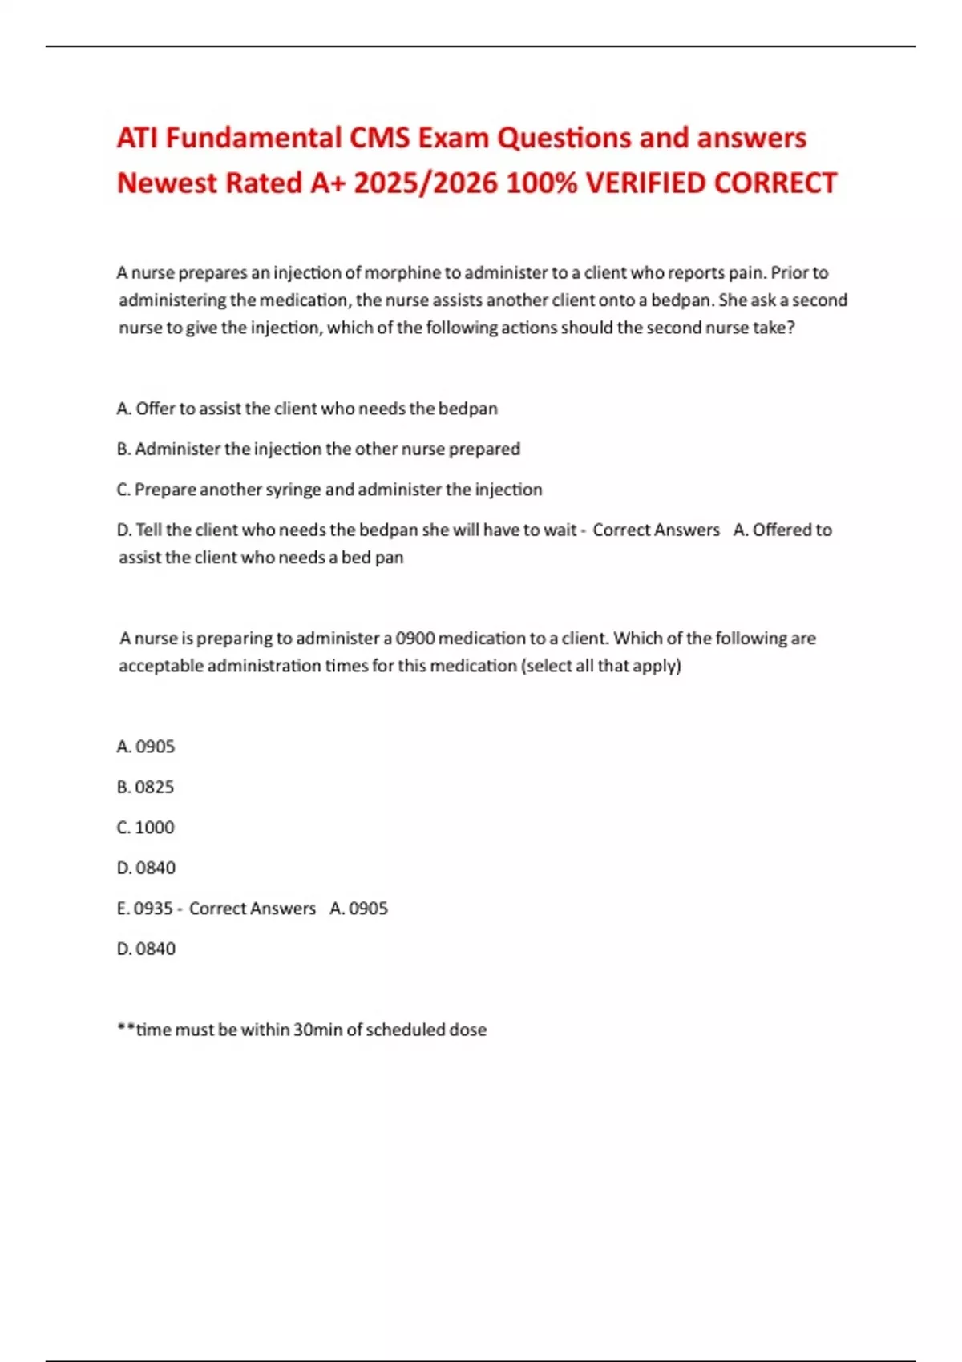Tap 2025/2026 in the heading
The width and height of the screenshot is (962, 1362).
pyautogui.click(x=420, y=183)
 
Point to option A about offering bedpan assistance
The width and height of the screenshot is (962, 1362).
pyautogui.click(x=307, y=409)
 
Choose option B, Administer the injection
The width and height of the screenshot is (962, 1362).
pyautogui.click(x=318, y=449)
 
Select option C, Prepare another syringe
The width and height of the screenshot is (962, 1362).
pyautogui.click(x=329, y=490)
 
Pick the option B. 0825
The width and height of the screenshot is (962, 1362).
pyautogui.click(x=145, y=787)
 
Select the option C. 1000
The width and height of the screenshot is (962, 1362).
pyautogui.click(x=145, y=828)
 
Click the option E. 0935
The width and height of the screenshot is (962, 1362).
pyautogui.click(x=145, y=909)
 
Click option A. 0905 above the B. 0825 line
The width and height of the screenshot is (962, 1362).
pyautogui.click(x=145, y=747)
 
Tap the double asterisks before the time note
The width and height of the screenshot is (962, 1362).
pyautogui.click(x=125, y=1028)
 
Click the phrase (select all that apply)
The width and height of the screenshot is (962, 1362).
pyautogui.click(x=600, y=666)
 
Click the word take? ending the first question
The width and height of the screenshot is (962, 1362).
pyautogui.click(x=774, y=328)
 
